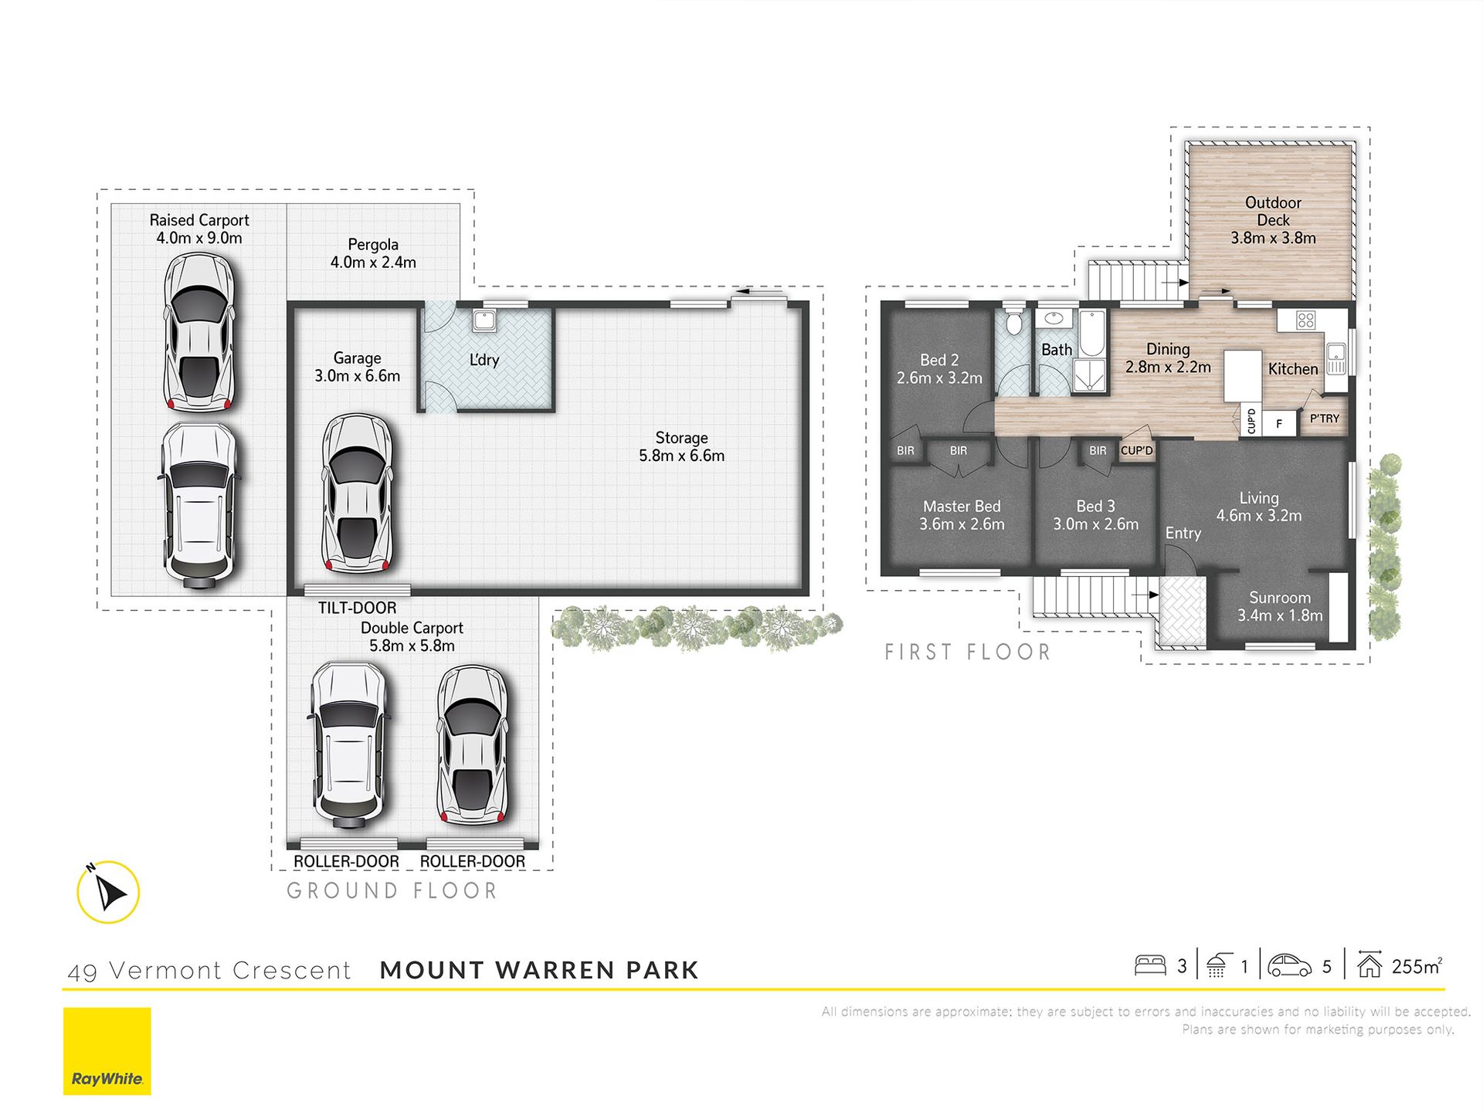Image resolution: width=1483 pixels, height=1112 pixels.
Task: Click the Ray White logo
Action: coord(107,1051)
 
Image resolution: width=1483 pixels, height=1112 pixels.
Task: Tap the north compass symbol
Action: coord(108,892)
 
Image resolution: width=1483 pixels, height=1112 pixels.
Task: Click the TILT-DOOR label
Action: coord(357,608)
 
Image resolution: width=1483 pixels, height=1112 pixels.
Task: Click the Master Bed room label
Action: coord(962,507)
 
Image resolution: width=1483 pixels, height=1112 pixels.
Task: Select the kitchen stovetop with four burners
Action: coord(1306,320)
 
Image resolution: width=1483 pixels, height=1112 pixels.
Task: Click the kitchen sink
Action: coord(1336,359)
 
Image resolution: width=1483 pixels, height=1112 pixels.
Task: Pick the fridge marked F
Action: coord(1279,423)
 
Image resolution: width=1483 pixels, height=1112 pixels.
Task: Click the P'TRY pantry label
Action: coord(1325,419)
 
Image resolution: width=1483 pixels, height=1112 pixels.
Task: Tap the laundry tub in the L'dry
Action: coord(484,320)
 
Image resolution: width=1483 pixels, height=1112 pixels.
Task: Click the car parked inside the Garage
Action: coord(357,493)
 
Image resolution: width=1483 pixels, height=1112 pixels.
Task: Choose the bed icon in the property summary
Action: coord(1150,965)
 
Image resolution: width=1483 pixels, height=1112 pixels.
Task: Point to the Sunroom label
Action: coord(1280,598)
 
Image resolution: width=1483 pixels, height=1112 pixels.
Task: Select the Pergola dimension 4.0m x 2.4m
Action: coord(373,263)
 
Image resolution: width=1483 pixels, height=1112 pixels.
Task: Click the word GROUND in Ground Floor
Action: coord(343,891)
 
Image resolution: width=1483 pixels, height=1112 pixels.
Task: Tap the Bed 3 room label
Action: coord(1096,507)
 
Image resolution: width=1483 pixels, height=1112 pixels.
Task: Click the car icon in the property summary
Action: coord(1290,966)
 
